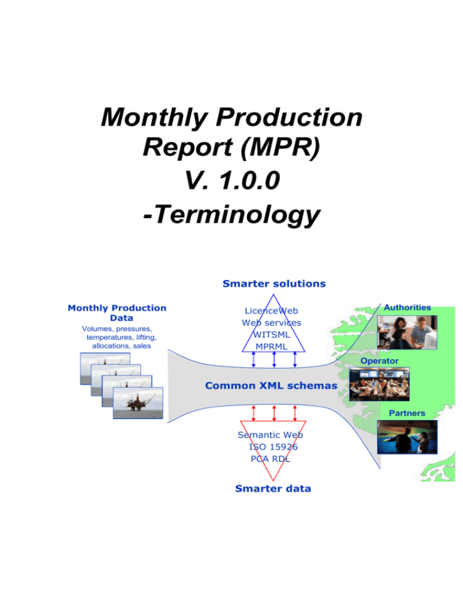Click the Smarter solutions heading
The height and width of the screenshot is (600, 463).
tap(274, 283)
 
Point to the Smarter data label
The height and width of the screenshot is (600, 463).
tap(273, 488)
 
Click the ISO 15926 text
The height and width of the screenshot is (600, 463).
tap(273, 447)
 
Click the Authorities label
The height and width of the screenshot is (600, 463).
tap(409, 307)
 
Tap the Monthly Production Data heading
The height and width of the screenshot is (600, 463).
tap(118, 312)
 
